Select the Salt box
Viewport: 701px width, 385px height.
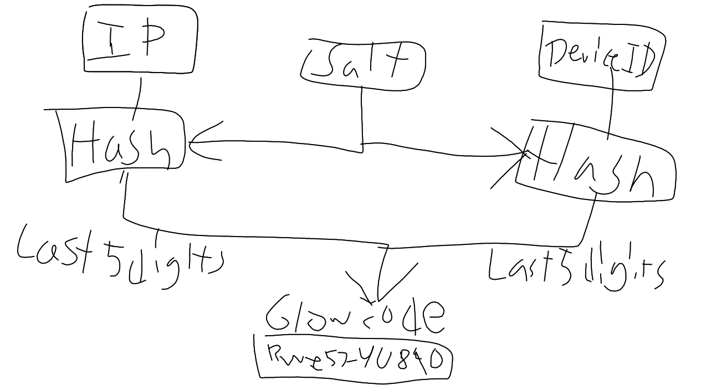point(363,65)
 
